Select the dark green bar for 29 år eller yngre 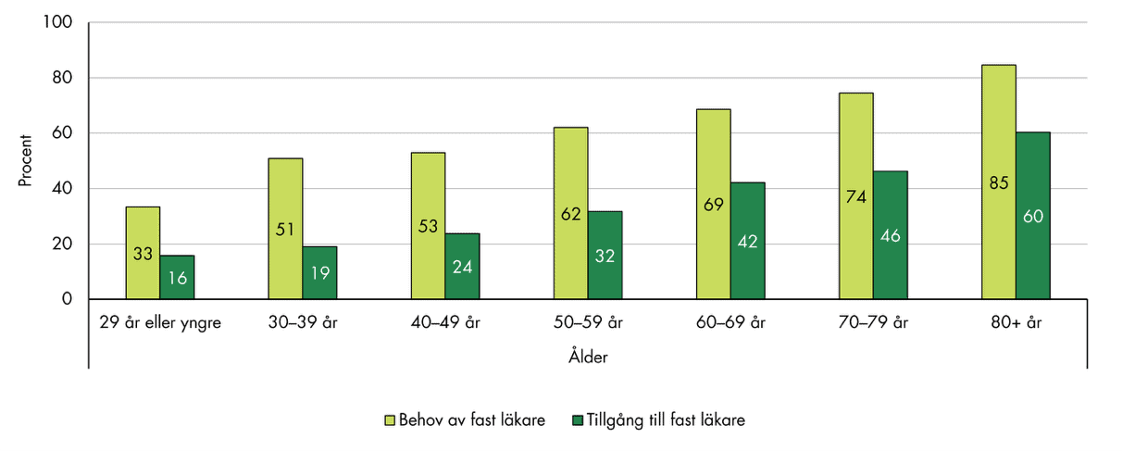click(x=177, y=277)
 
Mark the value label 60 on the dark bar click(x=1033, y=216)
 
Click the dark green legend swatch click(x=579, y=420)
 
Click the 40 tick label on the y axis click(x=63, y=189)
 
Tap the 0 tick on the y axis click(x=68, y=299)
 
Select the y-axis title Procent click(x=26, y=161)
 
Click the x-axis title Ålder click(x=588, y=357)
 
